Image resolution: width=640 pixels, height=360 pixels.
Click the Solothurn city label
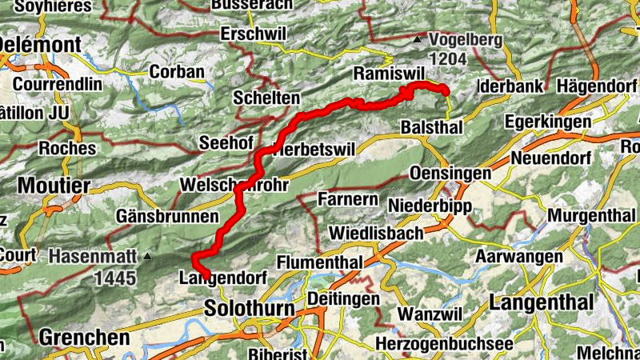click(250, 308)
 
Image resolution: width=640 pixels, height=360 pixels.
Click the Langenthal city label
click(542, 303)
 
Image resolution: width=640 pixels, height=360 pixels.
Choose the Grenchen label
click(83, 338)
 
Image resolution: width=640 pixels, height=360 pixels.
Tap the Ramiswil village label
click(386, 74)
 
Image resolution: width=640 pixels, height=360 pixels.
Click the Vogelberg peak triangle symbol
click(417, 38)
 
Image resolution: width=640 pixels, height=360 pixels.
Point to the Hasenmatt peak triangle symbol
click(148, 258)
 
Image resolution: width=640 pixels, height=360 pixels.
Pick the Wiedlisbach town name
click(379, 234)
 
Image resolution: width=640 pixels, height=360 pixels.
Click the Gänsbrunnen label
click(166, 217)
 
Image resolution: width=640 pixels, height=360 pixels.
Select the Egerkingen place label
click(548, 122)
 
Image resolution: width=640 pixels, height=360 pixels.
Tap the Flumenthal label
click(319, 262)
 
